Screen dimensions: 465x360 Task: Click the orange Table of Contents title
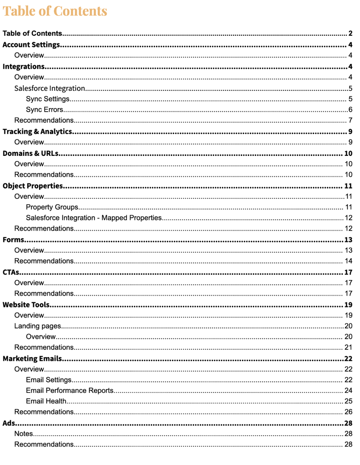(55, 11)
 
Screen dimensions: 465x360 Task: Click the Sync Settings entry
(48, 99)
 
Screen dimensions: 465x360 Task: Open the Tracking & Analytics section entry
(37, 131)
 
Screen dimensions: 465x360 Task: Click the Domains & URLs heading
(31, 153)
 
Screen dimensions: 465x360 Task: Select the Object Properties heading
(33, 186)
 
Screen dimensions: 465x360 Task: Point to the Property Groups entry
(52, 207)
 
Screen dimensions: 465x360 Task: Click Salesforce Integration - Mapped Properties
(94, 218)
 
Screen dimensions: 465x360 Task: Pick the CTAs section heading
(11, 272)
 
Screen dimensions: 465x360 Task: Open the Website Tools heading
(26, 304)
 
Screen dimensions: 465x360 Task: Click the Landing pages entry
(38, 326)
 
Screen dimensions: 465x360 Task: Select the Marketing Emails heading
(32, 358)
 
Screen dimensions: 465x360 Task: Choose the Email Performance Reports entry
(70, 390)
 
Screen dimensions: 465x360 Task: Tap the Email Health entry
(46, 401)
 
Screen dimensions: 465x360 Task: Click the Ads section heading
(9, 423)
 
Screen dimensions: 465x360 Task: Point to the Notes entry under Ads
(24, 434)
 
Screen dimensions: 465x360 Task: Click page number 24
(349, 390)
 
